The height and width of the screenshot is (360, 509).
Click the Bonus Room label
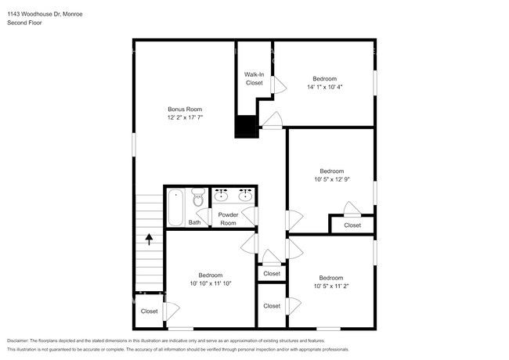[x=185, y=109]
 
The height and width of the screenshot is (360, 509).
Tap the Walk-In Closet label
[x=254, y=78]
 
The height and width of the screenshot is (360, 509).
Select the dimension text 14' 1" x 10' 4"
[x=324, y=87]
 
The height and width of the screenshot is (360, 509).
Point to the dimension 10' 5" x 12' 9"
[x=331, y=179]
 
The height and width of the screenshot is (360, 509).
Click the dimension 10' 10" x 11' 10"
[x=210, y=283]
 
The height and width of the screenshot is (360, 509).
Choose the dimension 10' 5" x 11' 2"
[x=330, y=286]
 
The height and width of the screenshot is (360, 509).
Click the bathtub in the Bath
[x=175, y=207]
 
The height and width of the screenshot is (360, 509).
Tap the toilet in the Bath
[x=198, y=201]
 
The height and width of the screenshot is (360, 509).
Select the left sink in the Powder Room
[x=222, y=194]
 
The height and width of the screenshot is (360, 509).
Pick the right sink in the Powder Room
[x=245, y=194]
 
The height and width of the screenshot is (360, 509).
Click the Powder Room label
[x=228, y=218]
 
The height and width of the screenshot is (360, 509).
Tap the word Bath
[x=194, y=222]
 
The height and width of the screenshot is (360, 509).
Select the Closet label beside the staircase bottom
[x=149, y=311]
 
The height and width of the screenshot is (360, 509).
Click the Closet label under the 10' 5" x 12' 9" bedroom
[x=352, y=225]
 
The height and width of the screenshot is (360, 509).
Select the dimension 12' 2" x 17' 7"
[x=185, y=117]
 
